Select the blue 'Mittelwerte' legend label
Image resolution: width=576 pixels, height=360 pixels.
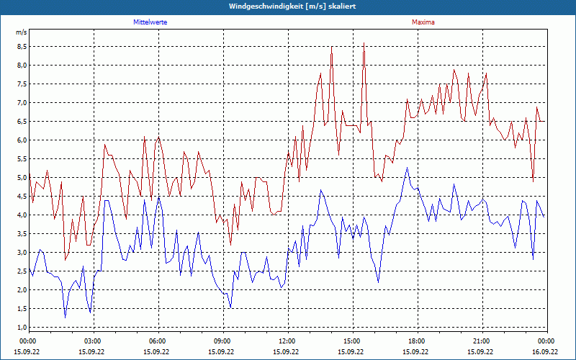(x=150, y=22)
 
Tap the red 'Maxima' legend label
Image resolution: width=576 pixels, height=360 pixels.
(x=423, y=22)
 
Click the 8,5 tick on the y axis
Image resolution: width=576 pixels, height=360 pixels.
(x=22, y=46)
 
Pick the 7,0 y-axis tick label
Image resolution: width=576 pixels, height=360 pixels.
(x=22, y=102)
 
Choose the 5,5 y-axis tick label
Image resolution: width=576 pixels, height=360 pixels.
(x=22, y=158)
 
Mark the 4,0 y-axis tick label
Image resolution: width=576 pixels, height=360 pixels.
(x=22, y=215)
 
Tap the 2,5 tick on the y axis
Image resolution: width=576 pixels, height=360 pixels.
(x=22, y=271)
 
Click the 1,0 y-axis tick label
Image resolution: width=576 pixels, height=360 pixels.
(x=22, y=327)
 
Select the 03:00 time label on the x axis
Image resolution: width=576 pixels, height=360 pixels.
(x=92, y=341)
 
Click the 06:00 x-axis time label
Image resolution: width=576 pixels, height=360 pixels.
(x=157, y=341)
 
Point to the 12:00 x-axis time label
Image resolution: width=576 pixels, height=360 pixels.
(x=287, y=341)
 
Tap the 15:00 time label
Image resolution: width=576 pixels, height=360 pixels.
(x=351, y=341)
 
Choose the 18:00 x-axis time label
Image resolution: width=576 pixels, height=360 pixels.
(x=416, y=341)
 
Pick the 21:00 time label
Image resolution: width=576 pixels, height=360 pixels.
(x=481, y=341)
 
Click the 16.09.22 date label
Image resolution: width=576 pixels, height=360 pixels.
(x=545, y=352)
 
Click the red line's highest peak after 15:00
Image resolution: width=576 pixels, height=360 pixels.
(x=364, y=43)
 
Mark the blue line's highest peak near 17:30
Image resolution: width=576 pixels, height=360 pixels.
(x=407, y=168)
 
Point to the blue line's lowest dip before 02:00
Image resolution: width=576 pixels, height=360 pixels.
(x=66, y=318)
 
